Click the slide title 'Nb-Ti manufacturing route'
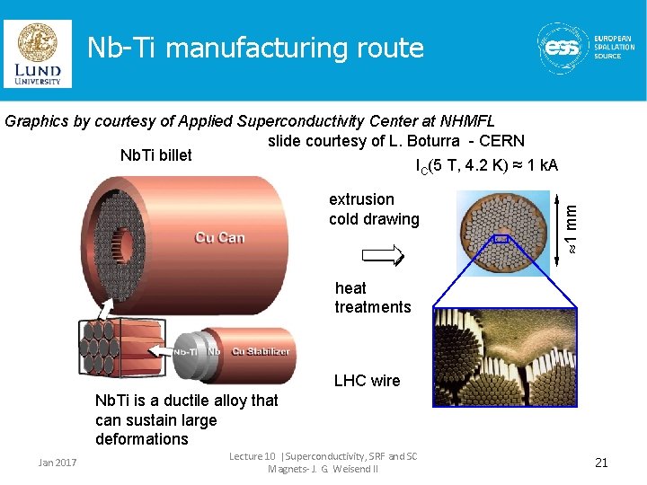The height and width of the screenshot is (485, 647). [255, 48]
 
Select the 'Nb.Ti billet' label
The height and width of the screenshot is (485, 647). [155, 155]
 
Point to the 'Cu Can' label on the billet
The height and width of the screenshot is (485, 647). [219, 237]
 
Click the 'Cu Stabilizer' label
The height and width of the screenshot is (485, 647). [261, 351]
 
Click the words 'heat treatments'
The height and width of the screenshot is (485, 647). [372, 297]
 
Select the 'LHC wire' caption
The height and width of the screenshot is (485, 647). [367, 381]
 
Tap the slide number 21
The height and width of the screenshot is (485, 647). [601, 463]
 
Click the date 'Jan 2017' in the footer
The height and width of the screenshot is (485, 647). [58, 463]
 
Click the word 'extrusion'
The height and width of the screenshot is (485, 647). [361, 199]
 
